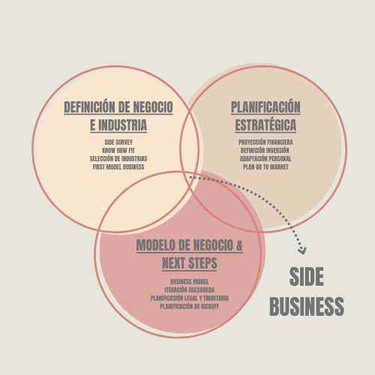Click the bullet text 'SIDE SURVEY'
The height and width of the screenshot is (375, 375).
118,142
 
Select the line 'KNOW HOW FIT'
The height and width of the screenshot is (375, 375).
118,151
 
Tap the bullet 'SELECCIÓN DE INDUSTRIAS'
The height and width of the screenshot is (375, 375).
118,159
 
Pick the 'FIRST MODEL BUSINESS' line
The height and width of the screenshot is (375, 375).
118,167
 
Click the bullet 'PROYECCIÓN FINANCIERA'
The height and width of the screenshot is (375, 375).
265,142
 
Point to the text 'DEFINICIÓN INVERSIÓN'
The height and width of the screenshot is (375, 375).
265,151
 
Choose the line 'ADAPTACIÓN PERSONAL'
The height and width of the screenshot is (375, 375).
265,159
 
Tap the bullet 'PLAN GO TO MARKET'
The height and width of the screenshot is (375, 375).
265,167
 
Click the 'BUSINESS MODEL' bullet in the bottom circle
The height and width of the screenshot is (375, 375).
190,282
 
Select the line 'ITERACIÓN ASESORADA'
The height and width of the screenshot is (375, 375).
190,290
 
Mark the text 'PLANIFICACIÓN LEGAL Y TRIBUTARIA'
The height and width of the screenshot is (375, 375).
190,298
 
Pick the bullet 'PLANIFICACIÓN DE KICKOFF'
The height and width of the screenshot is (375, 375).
190,307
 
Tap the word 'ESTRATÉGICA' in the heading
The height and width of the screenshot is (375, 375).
265,125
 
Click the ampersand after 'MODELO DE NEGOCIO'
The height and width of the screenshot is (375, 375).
239,245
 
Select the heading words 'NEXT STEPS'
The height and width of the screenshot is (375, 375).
190,263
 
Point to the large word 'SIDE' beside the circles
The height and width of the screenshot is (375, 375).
307,277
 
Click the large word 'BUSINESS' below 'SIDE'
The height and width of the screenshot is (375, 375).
307,306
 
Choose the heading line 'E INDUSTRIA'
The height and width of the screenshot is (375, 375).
118,125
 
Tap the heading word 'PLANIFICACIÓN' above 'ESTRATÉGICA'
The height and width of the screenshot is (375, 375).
265,106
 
